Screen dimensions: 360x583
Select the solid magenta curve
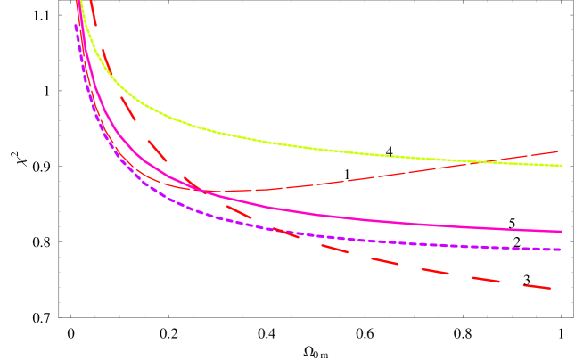pos(357,217)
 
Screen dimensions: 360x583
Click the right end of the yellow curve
pos(561,165)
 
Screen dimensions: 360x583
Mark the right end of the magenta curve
pos(561,232)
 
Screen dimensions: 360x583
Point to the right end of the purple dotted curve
pos(561,250)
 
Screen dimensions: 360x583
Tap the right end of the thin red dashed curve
pos(558,151)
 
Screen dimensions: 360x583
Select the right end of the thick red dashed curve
pos(551,288)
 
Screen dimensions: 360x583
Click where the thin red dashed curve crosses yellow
pos(477,161)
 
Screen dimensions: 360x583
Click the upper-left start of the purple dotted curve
pos(76,26)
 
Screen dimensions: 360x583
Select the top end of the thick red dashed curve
pos(91,2)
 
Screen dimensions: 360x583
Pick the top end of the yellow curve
pos(79,2)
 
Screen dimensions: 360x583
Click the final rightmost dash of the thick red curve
pos(537,286)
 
